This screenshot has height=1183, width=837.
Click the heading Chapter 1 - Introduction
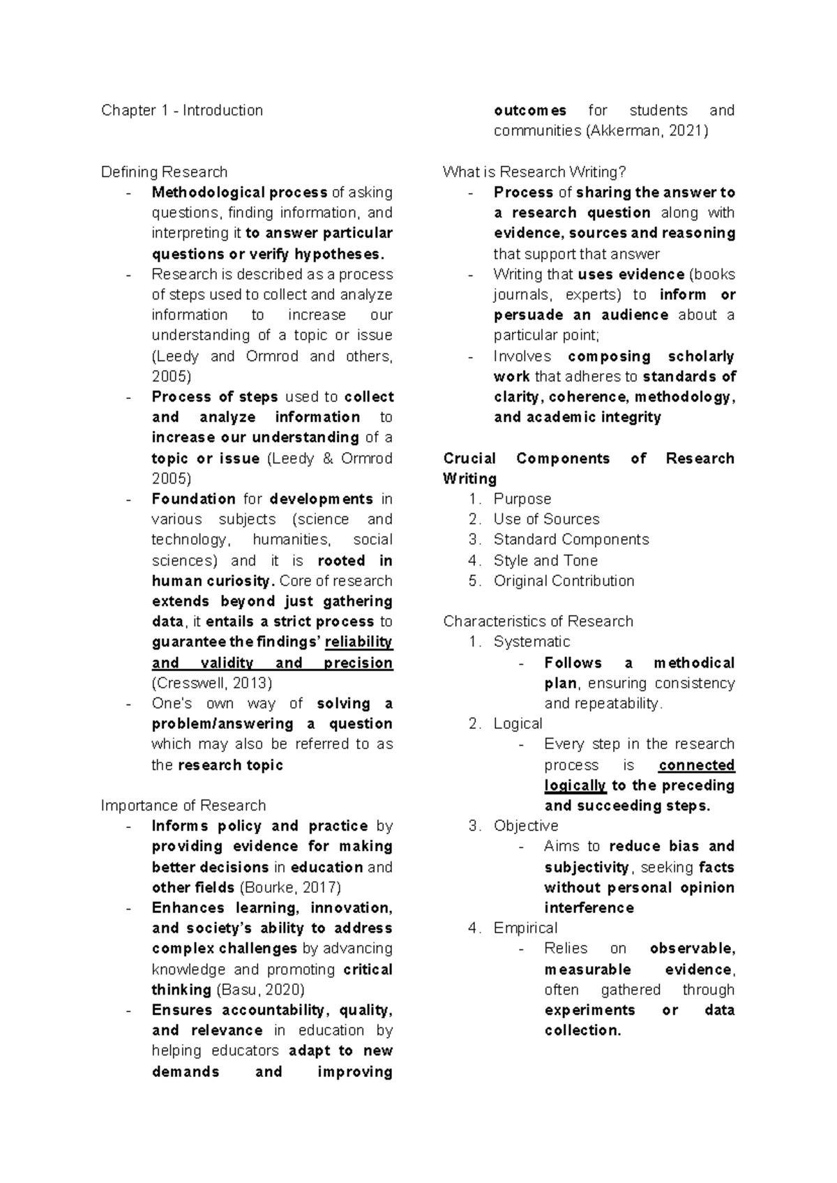pyautogui.click(x=181, y=110)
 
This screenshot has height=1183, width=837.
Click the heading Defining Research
pyautogui.click(x=164, y=172)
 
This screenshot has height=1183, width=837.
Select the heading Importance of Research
pyautogui.click(x=183, y=806)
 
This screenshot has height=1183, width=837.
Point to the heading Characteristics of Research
pyautogui.click(x=538, y=621)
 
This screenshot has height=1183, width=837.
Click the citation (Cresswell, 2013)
pyautogui.click(x=212, y=683)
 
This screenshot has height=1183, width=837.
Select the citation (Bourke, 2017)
pyautogui.click(x=290, y=888)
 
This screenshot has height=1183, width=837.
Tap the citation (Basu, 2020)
pyautogui.click(x=261, y=990)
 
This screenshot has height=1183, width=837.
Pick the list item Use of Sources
pyautogui.click(x=546, y=519)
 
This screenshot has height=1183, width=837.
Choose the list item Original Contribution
pyautogui.click(x=564, y=581)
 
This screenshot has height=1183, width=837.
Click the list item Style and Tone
pyautogui.click(x=545, y=561)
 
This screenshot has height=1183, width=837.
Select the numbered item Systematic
pyautogui.click(x=531, y=642)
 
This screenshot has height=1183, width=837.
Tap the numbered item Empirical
pyautogui.click(x=525, y=928)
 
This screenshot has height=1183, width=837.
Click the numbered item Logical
pyautogui.click(x=518, y=724)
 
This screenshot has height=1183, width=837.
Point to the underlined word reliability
pyautogui.click(x=359, y=642)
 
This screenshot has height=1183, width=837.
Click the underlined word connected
pyautogui.click(x=696, y=765)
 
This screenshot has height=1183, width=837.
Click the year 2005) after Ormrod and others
pyautogui.click(x=171, y=377)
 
